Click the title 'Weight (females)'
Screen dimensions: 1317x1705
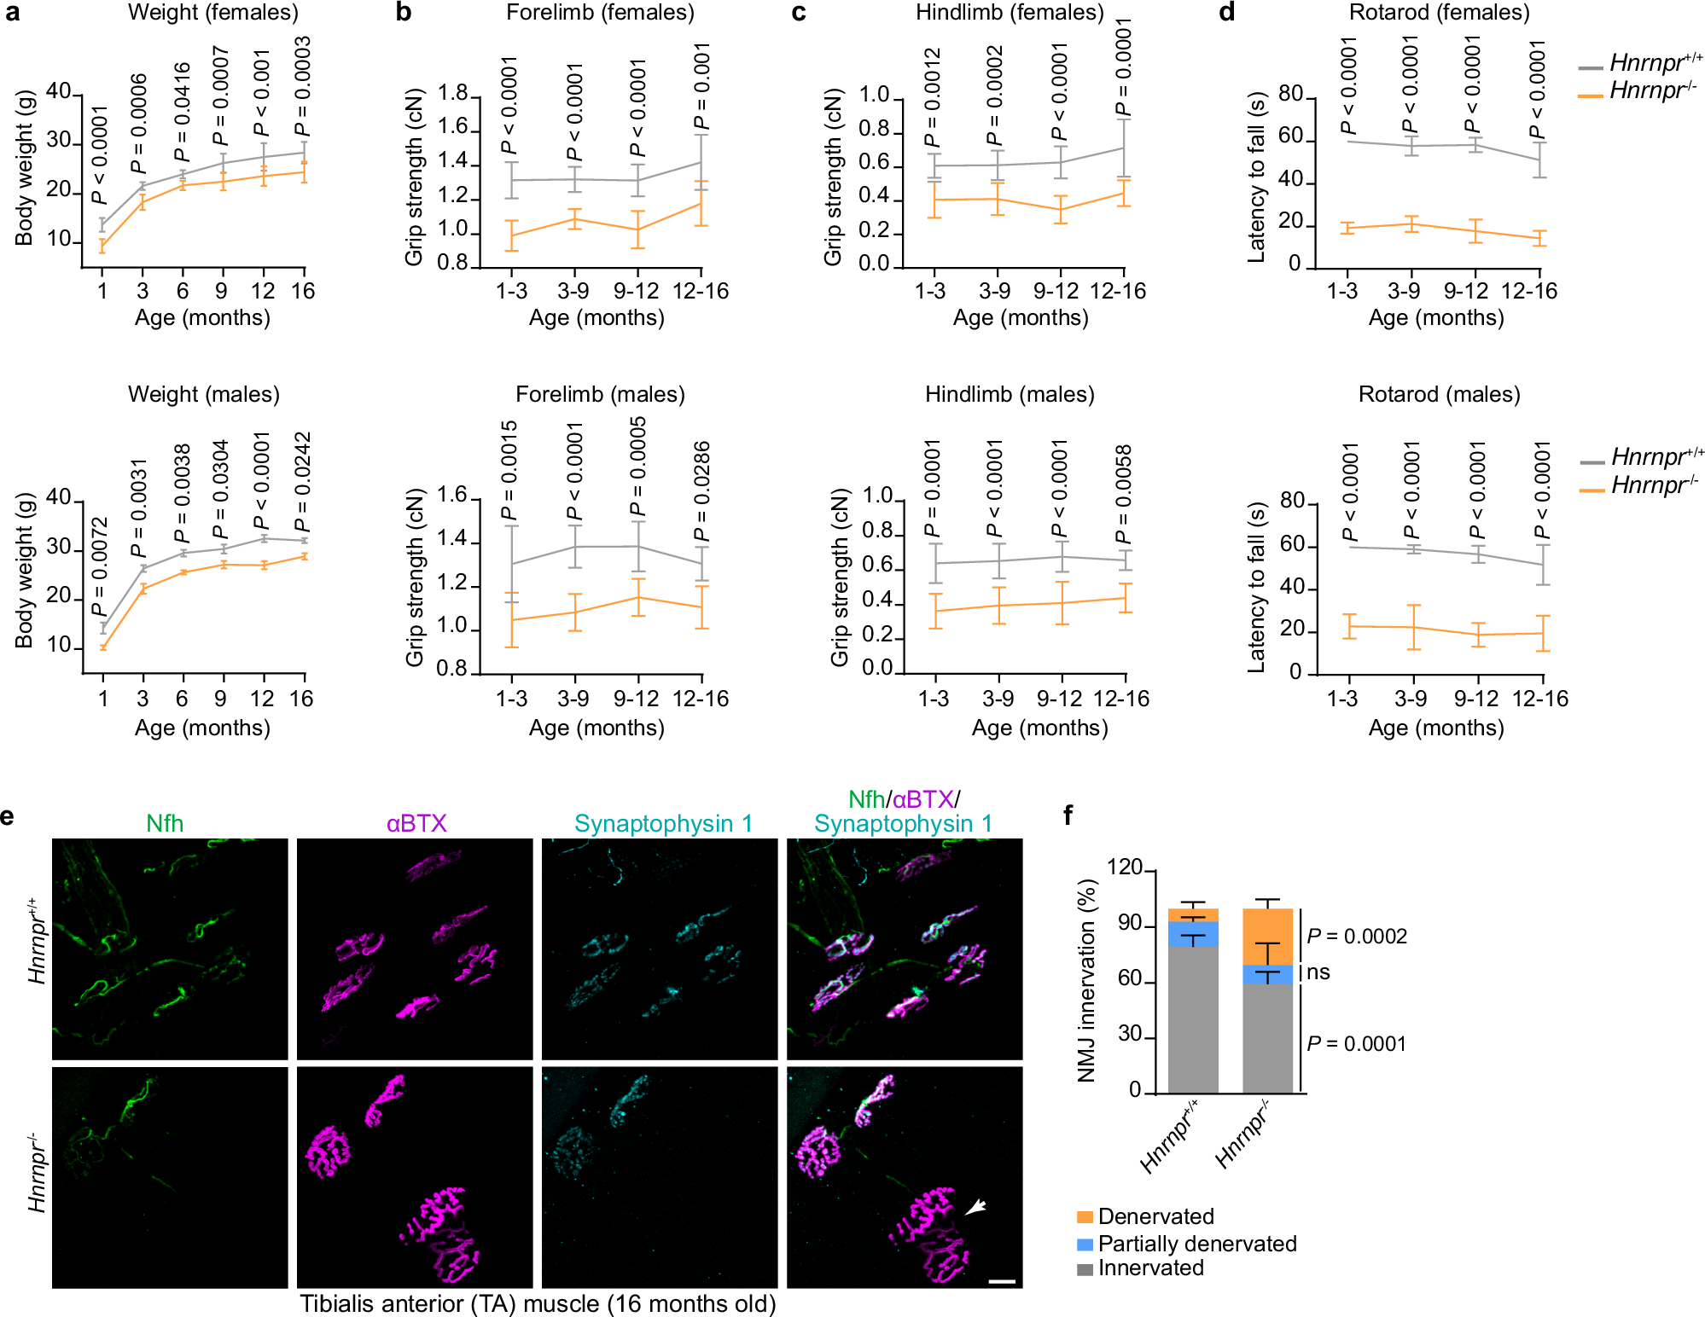pos(212,13)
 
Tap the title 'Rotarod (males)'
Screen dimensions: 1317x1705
pos(1439,394)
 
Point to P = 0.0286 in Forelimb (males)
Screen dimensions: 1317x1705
pos(701,491)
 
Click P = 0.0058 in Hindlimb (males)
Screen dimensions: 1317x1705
pos(1124,494)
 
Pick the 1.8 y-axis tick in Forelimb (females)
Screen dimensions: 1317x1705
pos(453,94)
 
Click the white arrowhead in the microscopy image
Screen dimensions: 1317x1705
pos(975,1206)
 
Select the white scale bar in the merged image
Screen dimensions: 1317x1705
pos(1002,1280)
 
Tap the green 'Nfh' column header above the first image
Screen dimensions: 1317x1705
pos(165,823)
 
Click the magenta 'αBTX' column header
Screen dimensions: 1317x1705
pos(416,823)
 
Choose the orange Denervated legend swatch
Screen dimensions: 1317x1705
pos(1085,1217)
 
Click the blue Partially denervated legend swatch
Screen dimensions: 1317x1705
pos(1085,1244)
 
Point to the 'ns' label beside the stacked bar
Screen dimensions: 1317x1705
pos(1318,972)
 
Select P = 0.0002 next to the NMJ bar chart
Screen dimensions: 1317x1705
pos(1357,937)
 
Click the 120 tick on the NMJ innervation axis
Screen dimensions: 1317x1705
pos(1124,868)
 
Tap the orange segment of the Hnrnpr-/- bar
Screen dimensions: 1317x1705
pos(1267,937)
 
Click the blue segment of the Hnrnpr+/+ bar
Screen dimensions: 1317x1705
pos(1192,934)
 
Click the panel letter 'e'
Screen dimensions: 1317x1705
pos(8,816)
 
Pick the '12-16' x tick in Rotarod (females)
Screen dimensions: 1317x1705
pos(1528,291)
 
